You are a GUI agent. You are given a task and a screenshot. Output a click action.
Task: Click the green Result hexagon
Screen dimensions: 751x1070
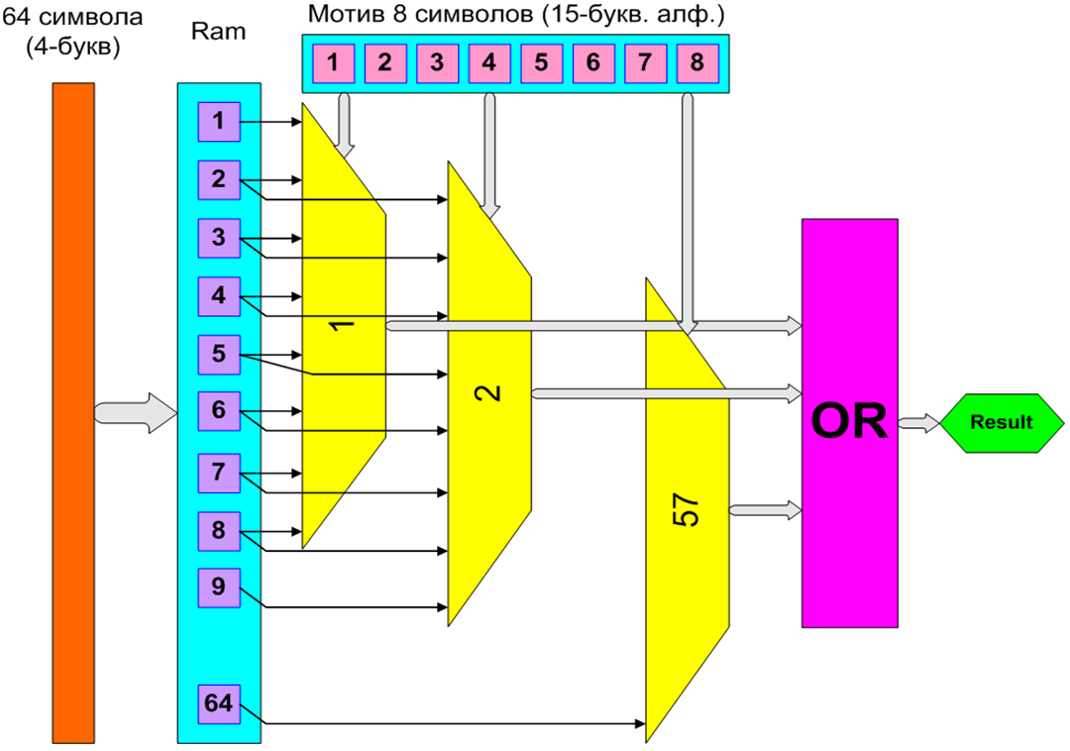click(1000, 422)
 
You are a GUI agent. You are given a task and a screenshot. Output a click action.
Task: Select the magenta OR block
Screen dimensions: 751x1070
click(849, 423)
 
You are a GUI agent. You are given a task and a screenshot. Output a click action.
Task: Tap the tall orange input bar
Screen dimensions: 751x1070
click(73, 412)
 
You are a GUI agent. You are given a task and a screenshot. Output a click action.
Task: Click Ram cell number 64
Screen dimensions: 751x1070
click(218, 703)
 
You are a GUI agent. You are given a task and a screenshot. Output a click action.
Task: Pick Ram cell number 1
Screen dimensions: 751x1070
click(218, 122)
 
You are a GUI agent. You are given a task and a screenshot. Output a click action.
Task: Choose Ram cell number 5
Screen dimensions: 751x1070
click(218, 354)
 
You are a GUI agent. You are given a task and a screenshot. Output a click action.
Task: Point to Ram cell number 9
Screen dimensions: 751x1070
click(218, 587)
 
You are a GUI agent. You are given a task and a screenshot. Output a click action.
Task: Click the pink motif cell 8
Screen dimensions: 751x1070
click(696, 62)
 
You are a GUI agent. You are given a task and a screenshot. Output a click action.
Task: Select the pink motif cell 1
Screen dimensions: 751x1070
click(333, 62)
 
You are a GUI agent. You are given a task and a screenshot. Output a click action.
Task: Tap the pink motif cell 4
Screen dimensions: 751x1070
click(488, 62)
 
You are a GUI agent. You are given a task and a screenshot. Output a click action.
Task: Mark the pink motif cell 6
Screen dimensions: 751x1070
click(592, 62)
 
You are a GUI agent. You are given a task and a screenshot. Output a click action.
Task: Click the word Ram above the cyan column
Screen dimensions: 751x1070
click(218, 32)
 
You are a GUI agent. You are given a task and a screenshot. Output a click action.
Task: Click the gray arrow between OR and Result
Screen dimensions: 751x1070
click(918, 423)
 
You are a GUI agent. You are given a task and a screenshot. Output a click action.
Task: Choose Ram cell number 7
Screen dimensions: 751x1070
click(218, 472)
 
